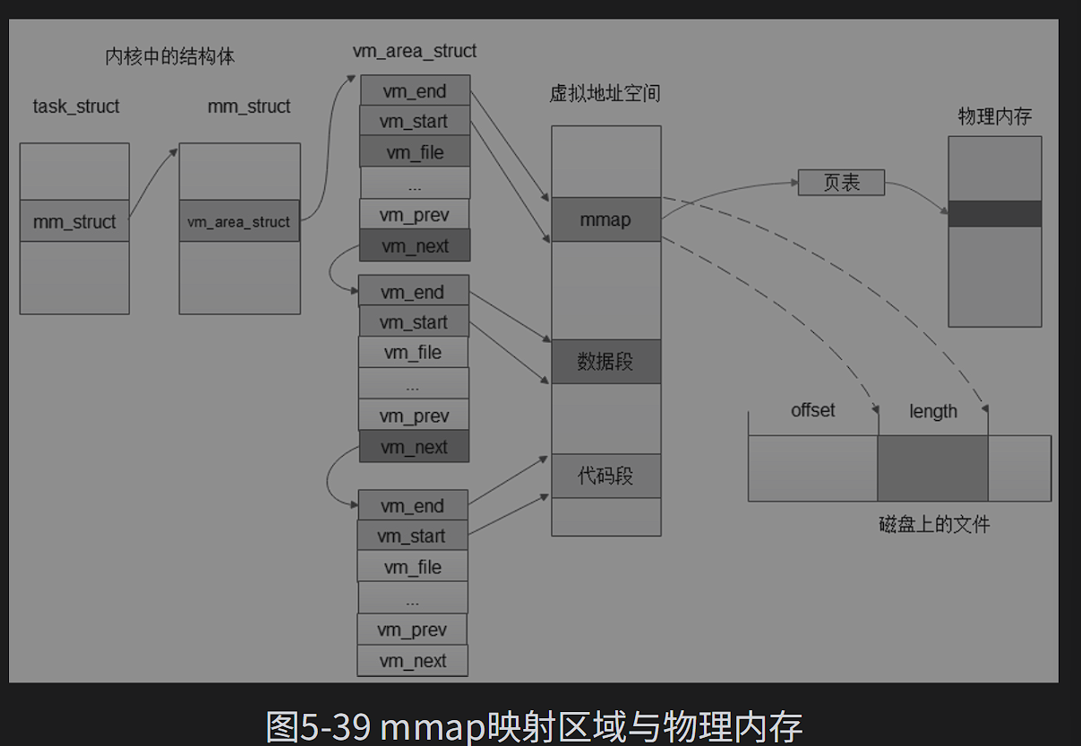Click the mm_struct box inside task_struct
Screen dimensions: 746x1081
click(74, 221)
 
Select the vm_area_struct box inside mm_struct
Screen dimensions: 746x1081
click(239, 221)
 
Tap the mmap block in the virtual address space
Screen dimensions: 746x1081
click(605, 219)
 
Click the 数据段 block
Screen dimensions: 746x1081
click(605, 362)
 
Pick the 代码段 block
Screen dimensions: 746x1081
click(605, 476)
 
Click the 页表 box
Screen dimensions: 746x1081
click(841, 183)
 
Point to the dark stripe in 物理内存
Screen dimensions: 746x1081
click(994, 214)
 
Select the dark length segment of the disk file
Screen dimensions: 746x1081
click(932, 467)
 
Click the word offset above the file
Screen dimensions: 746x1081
click(812, 410)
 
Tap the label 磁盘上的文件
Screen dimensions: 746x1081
click(934, 524)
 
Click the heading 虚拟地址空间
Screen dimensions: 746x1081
click(605, 94)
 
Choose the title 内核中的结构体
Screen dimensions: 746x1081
click(170, 57)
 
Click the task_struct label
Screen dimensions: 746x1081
click(76, 107)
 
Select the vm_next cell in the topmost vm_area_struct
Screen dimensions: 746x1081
click(415, 246)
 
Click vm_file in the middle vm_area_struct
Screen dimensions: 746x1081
click(413, 353)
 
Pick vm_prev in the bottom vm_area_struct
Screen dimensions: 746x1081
click(412, 630)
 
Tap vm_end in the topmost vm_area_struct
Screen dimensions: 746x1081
click(415, 90)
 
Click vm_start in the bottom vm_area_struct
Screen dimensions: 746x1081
click(411, 536)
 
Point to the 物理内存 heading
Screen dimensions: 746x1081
click(994, 116)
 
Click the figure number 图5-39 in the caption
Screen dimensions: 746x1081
click(318, 726)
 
